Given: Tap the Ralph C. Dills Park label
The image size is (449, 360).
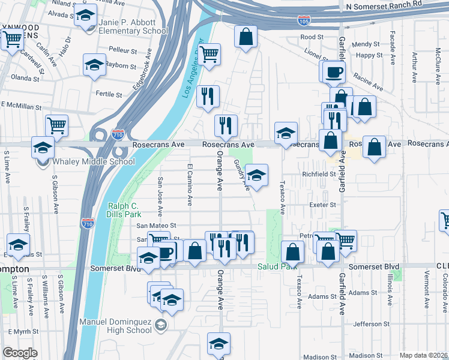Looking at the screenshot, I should (124, 209).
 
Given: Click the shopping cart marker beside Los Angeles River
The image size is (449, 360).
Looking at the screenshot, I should (209, 54).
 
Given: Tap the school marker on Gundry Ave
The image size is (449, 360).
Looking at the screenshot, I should (256, 175).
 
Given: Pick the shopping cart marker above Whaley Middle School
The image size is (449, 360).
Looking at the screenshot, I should (56, 125).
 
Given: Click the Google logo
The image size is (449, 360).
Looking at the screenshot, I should (20, 353).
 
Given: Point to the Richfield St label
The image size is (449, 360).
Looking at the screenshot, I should (318, 174).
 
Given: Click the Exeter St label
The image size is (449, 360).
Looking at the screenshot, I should (322, 205).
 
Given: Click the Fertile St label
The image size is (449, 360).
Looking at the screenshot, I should (109, 94).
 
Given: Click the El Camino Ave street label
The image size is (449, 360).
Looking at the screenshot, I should (189, 184).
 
